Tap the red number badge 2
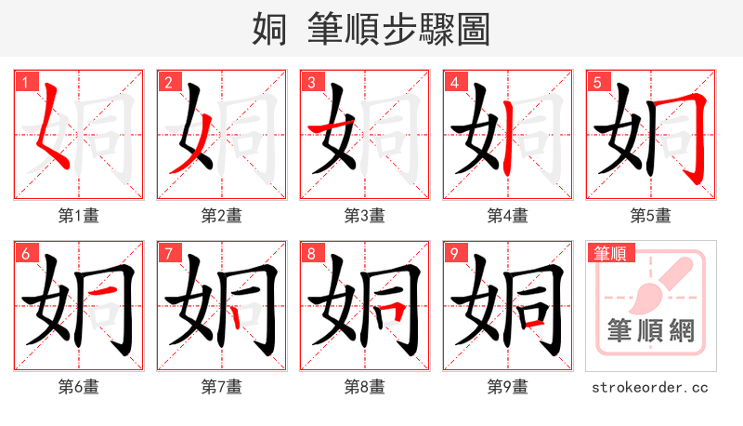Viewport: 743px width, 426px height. (x=168, y=82)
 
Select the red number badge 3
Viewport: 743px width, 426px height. (x=311, y=82)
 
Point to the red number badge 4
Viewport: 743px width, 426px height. (x=454, y=82)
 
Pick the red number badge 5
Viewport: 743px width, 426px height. (x=597, y=82)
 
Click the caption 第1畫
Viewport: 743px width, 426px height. (x=79, y=216)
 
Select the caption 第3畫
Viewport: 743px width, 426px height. (x=365, y=216)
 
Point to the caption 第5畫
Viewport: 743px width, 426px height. (x=651, y=216)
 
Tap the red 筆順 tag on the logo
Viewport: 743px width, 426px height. (x=611, y=252)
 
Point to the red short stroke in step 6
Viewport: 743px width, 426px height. (x=105, y=295)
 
